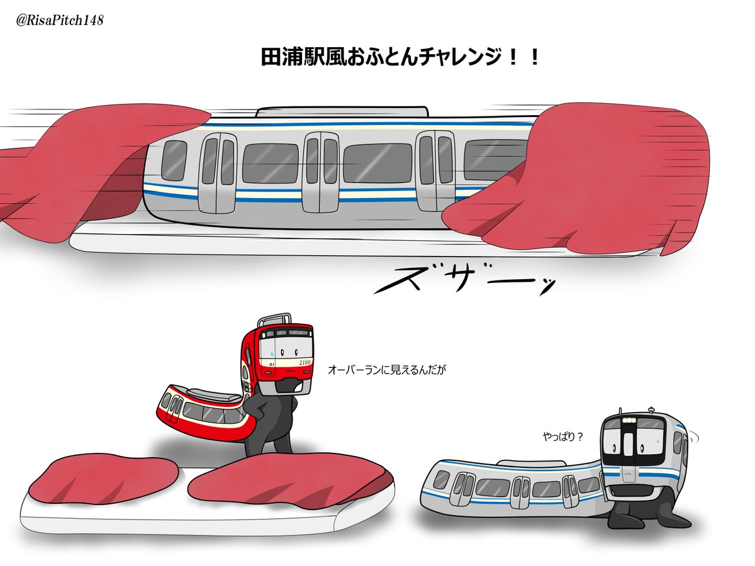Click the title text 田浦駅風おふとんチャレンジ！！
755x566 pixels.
click(x=400, y=58)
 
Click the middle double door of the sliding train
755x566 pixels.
click(x=321, y=171)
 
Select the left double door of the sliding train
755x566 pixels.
click(x=218, y=171)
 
